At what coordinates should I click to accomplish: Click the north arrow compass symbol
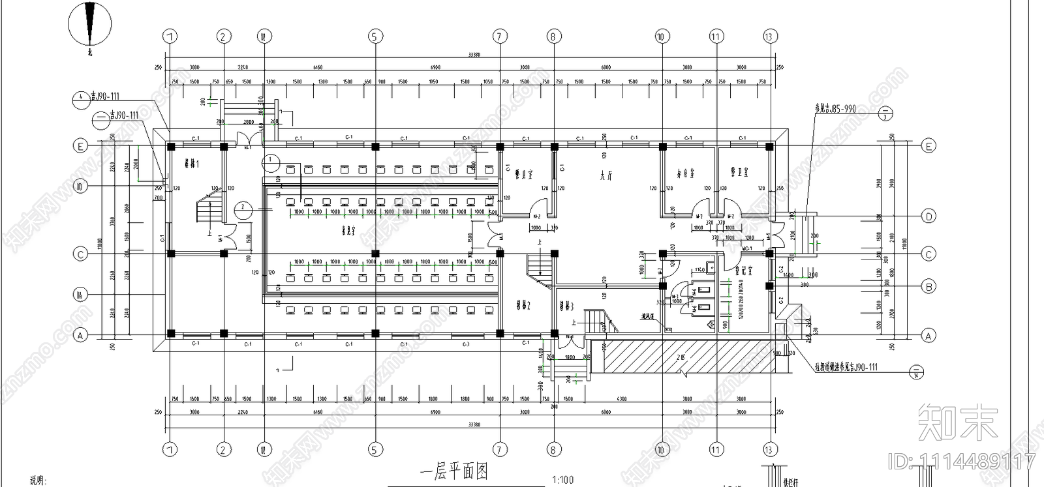point(89,25)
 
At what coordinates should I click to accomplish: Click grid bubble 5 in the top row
point(375,37)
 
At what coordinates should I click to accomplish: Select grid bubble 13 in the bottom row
point(769,449)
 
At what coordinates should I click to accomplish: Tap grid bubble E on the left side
point(80,146)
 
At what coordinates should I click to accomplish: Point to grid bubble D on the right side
point(929,216)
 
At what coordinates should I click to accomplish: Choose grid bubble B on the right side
point(929,286)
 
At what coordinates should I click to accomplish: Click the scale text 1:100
point(562,480)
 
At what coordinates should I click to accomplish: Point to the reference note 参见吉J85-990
point(835,108)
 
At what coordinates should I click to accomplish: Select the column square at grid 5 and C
point(375,254)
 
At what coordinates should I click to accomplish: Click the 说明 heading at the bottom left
point(38,480)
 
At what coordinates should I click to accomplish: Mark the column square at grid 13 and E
point(769,146)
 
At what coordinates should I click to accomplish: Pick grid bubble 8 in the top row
point(553,37)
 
